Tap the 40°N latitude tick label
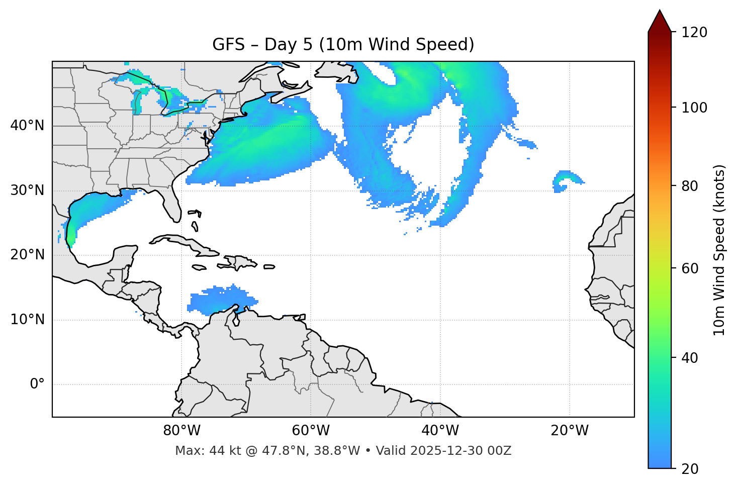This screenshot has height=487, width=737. coord(27,126)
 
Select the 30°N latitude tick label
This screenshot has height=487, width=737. coord(27,190)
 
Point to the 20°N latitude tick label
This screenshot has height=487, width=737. coord(27,255)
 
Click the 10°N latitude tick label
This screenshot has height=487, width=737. coord(27,320)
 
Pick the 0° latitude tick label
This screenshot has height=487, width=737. coord(37,384)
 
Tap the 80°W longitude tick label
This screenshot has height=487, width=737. coord(181,431)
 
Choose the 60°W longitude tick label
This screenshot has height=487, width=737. coord(311,431)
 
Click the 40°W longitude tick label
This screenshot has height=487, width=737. coord(440,431)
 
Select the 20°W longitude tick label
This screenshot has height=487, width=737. coord(569,431)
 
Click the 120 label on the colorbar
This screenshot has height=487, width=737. coord(694,33)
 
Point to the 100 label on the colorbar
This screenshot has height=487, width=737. coord(694,108)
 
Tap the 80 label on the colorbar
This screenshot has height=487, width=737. coord(691,186)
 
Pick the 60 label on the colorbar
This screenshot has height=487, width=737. coord(691,268)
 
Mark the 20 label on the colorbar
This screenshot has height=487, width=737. coord(691,469)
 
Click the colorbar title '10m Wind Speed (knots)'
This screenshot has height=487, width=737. coord(719,250)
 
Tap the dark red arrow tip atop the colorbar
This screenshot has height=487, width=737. coord(660,20)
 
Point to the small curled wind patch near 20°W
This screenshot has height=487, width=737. coord(566,180)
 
